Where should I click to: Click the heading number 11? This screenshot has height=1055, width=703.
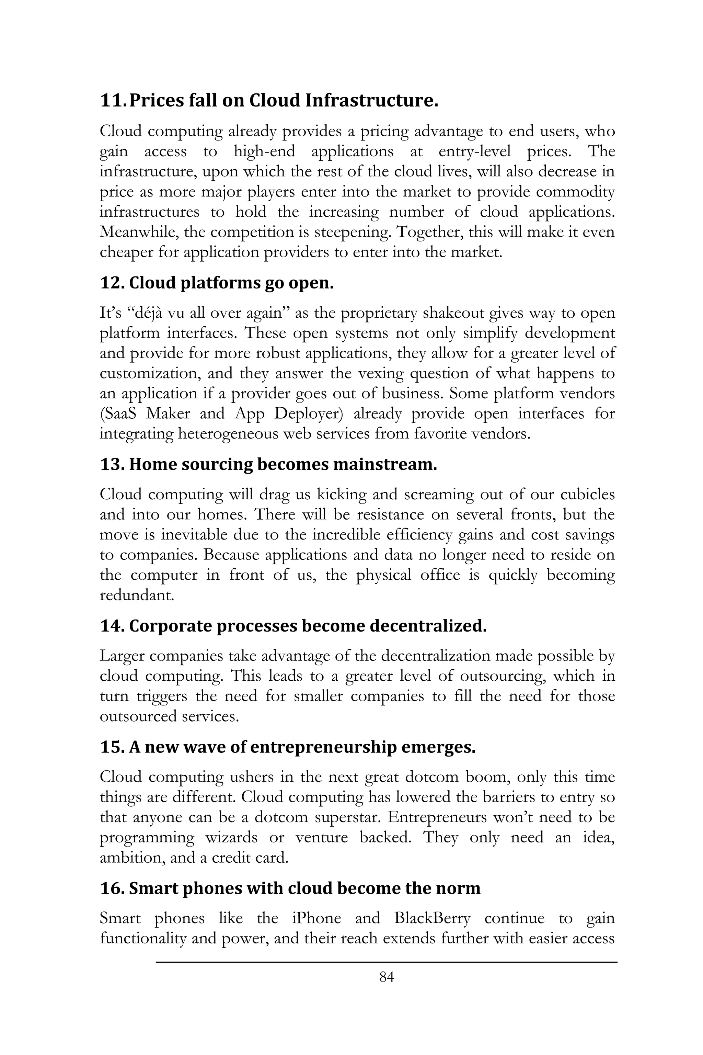[113, 101]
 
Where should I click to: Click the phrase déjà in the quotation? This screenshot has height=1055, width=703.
[148, 313]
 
